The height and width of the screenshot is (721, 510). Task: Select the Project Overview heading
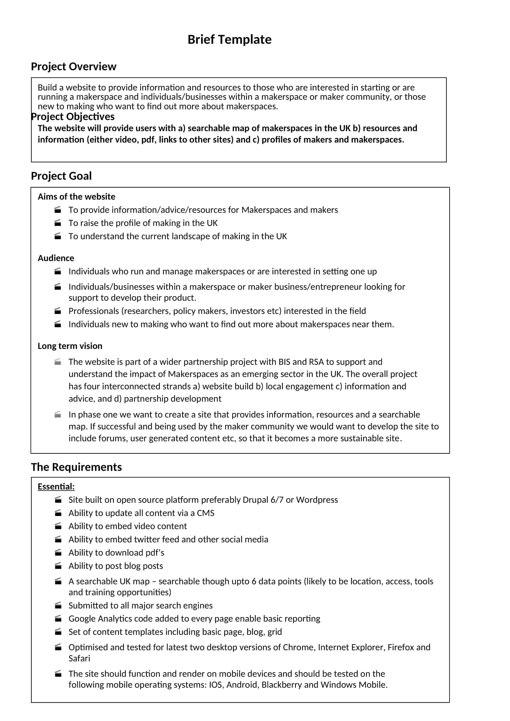pyautogui.click(x=73, y=67)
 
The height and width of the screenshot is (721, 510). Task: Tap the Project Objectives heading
pyautogui.click(x=73, y=117)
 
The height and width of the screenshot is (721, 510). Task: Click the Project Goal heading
pyautogui.click(x=61, y=176)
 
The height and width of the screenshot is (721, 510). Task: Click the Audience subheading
pyautogui.click(x=56, y=258)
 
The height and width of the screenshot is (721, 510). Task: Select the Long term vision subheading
pyautogui.click(x=70, y=346)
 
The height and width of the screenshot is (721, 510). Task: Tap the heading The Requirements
pyautogui.click(x=76, y=467)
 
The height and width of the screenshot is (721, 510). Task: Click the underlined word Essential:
pyautogui.click(x=56, y=486)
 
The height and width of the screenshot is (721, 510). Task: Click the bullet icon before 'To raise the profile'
pyautogui.click(x=58, y=223)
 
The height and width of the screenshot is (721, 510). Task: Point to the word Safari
pyautogui.click(x=79, y=658)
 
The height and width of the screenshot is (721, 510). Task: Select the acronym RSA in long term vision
pyautogui.click(x=316, y=362)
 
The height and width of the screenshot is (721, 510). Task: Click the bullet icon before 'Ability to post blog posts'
pyautogui.click(x=58, y=566)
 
